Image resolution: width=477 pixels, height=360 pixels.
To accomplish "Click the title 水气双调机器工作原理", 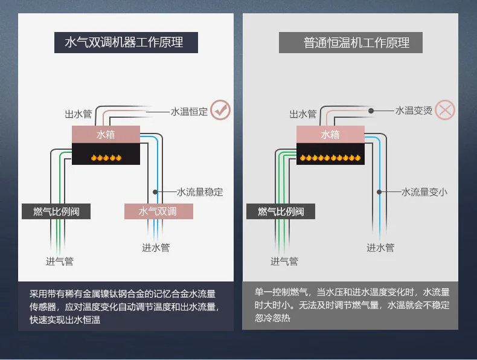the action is [124, 42].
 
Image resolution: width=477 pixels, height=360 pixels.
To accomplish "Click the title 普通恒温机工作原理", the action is [356, 43].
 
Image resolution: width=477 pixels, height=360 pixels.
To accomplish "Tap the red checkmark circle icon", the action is [220, 110].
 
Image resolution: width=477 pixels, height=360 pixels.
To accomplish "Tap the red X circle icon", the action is [445, 110].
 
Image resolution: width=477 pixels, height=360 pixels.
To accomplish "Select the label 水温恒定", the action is [189, 112].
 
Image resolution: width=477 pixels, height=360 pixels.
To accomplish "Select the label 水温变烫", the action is [414, 111].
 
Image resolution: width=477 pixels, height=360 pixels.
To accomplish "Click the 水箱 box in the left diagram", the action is [106, 134].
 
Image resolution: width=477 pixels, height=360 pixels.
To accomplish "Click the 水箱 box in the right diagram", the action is [330, 134].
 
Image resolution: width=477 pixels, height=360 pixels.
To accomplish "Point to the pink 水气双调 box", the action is [158, 211].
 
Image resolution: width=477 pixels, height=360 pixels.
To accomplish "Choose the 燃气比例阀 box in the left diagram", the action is [56, 211].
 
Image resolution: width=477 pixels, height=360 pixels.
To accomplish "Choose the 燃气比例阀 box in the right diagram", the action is [281, 211].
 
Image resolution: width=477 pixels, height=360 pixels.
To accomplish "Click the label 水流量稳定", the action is [200, 192].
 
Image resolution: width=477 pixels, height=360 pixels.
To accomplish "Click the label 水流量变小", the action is [424, 192].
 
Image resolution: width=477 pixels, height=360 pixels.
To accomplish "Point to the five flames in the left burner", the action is [106, 158].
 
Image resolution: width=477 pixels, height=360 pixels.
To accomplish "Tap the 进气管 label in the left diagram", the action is [60, 261].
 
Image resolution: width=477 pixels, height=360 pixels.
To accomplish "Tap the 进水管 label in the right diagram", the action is [380, 248].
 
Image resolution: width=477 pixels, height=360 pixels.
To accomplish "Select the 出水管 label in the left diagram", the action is [78, 114].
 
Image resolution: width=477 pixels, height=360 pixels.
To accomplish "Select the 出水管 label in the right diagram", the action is [303, 114].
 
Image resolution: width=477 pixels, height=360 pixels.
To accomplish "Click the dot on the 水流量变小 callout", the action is [379, 192].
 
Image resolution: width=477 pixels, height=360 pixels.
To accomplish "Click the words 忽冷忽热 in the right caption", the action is [272, 318].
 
